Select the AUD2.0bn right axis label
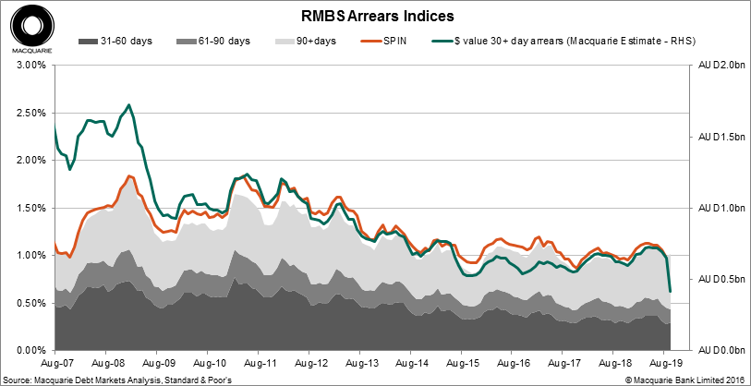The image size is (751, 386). [x=716, y=66]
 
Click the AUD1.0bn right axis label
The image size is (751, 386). [x=716, y=208]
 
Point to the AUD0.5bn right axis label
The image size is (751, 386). [x=716, y=279]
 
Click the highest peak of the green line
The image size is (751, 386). [x=128, y=105]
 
